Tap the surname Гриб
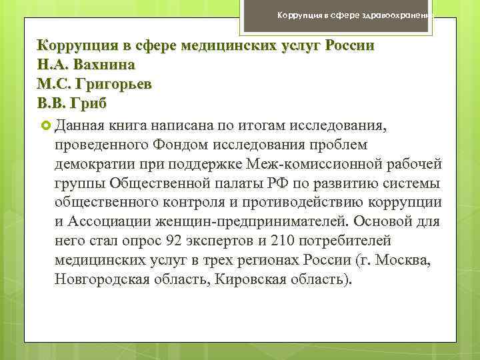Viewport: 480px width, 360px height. (x=86, y=105)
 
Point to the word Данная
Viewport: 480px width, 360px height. (x=82, y=125)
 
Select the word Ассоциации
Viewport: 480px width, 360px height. (x=105, y=221)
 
